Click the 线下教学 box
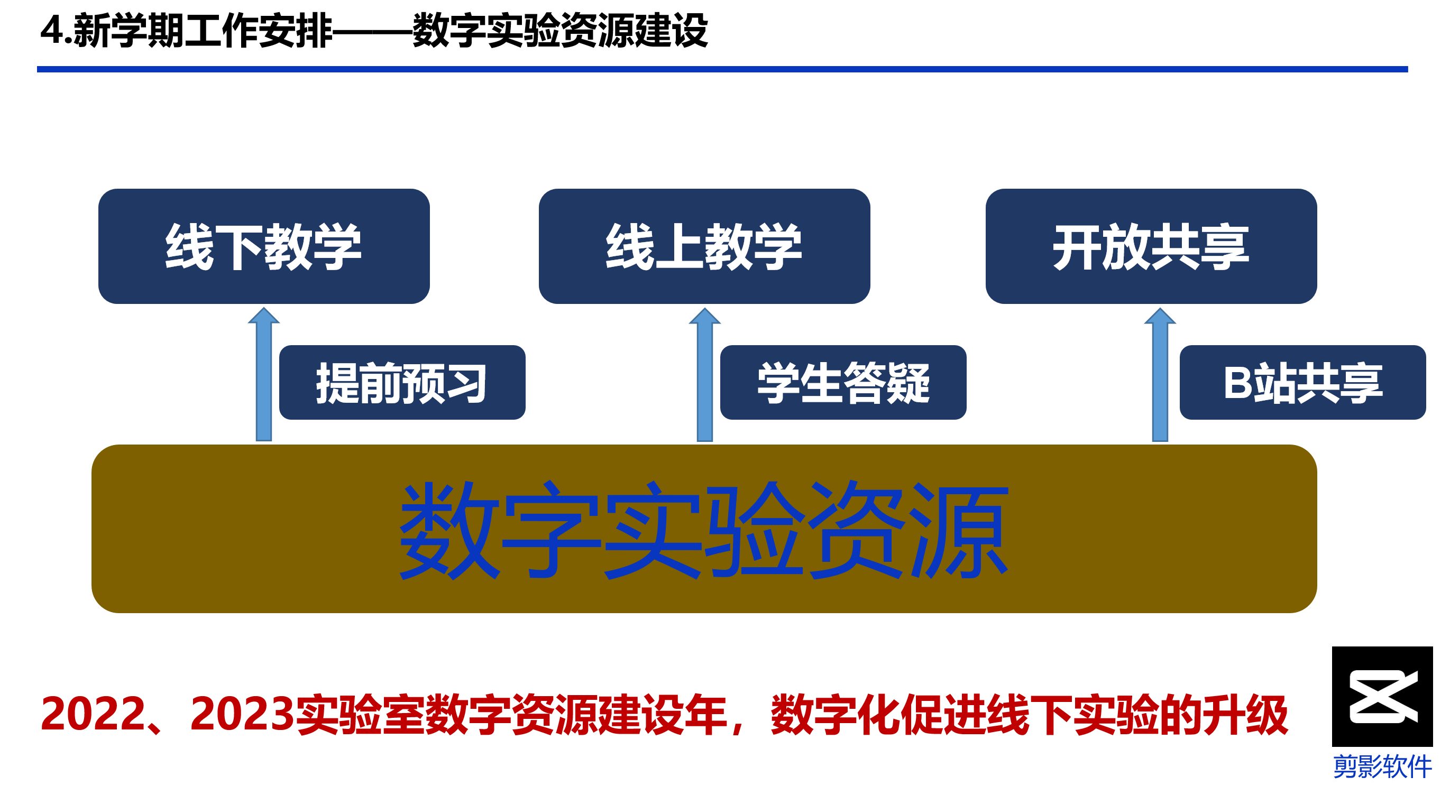coord(264,246)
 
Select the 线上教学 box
coord(704,246)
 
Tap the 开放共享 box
coord(1151,246)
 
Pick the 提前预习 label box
coord(402,383)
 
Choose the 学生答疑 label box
coord(843,383)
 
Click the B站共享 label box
coord(1302,383)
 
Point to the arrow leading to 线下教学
coord(264,374)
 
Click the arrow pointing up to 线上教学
coord(705,374)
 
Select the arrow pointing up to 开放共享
coord(1160,374)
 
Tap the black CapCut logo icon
coord(1382,697)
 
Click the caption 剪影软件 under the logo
coord(1382,766)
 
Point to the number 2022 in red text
coord(94,715)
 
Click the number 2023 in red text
coord(243,715)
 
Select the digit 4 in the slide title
coord(52,30)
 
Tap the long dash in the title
coord(373,32)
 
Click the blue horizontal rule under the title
coord(722,69)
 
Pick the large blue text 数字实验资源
coord(704,530)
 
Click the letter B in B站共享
coord(1238,383)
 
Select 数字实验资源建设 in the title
coord(560,30)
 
